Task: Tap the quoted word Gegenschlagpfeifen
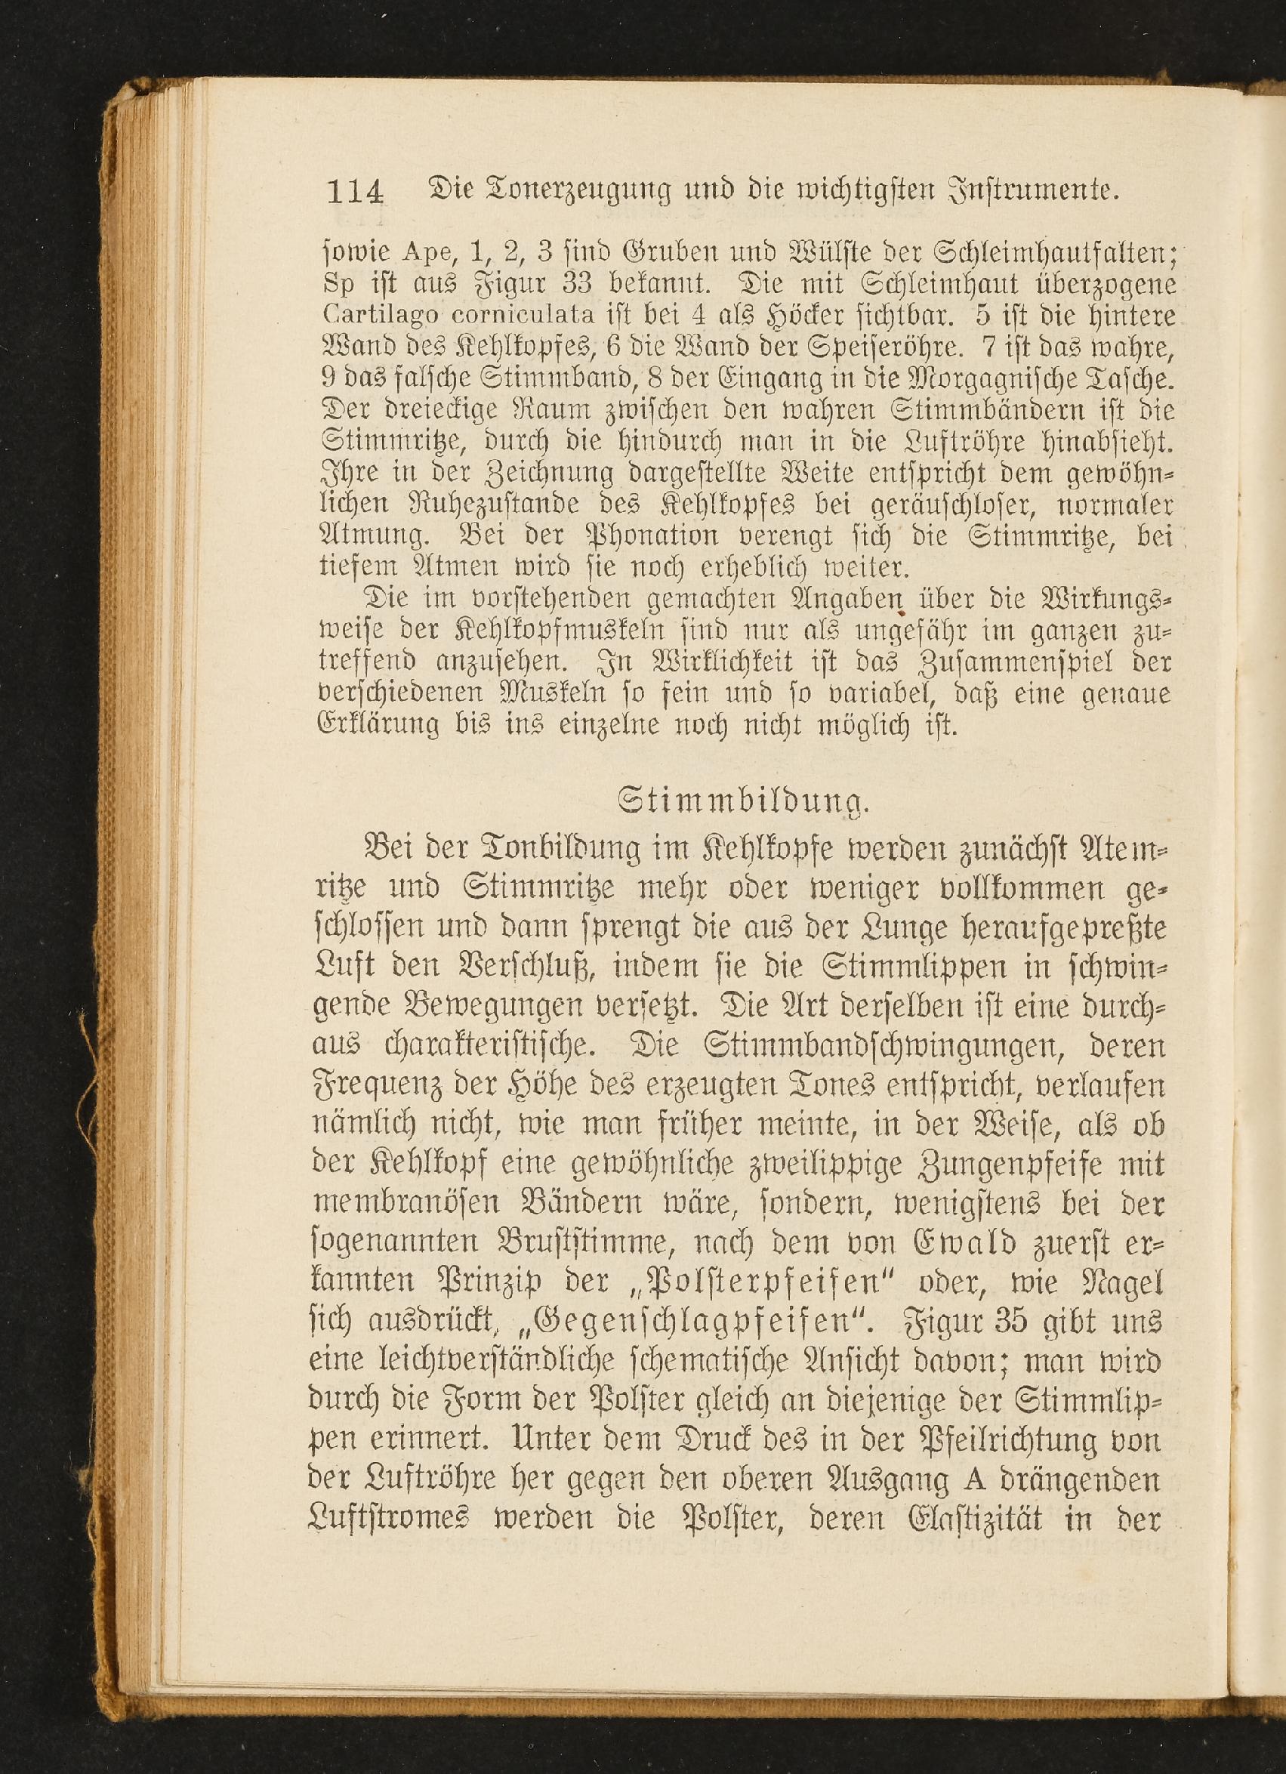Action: (693, 1322)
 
